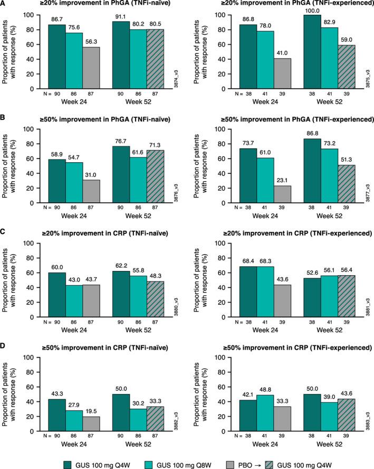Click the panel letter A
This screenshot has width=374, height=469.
click(x=4, y=5)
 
